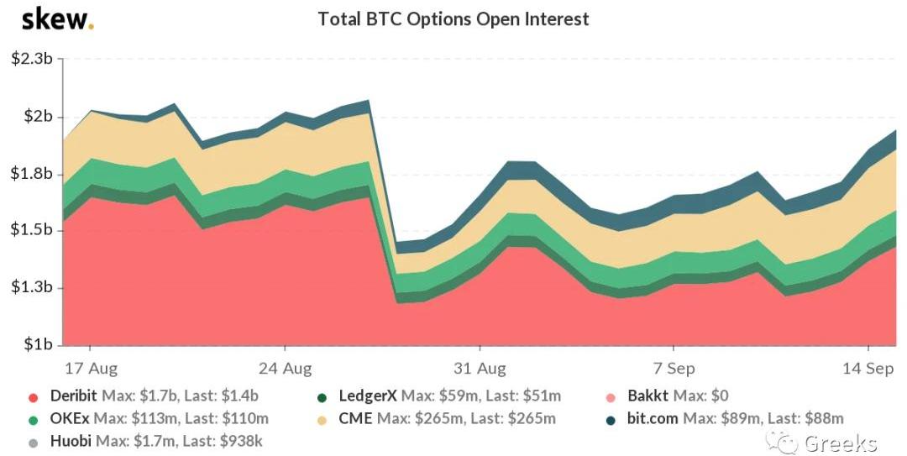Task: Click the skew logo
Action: [x=58, y=18]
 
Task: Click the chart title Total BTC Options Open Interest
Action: [x=453, y=18]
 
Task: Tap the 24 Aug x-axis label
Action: [x=285, y=368]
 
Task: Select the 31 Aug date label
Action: [x=480, y=368]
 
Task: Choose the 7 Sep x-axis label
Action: [x=674, y=368]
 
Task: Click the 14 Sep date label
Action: [x=868, y=368]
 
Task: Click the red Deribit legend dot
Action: [x=33, y=396]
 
